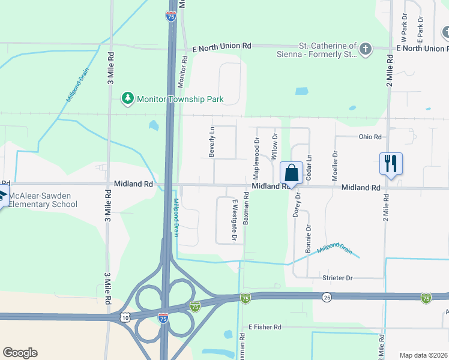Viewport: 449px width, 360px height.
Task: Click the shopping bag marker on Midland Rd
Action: click(291, 173)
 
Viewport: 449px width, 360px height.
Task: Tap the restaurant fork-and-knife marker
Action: click(391, 163)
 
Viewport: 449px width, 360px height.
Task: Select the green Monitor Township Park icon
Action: click(127, 98)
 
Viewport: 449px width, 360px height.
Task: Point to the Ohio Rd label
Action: click(370, 137)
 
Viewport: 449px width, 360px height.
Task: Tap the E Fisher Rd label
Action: click(265, 327)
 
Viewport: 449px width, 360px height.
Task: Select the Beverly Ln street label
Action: click(211, 142)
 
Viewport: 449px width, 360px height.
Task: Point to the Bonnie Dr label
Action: click(309, 238)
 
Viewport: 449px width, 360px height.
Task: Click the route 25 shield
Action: click(327, 297)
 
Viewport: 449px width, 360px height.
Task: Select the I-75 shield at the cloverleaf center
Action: click(163, 319)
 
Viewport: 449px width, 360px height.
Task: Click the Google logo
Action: click(20, 353)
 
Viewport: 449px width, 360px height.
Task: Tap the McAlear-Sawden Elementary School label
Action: click(43, 200)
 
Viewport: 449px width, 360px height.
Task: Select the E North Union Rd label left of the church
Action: click(221, 46)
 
